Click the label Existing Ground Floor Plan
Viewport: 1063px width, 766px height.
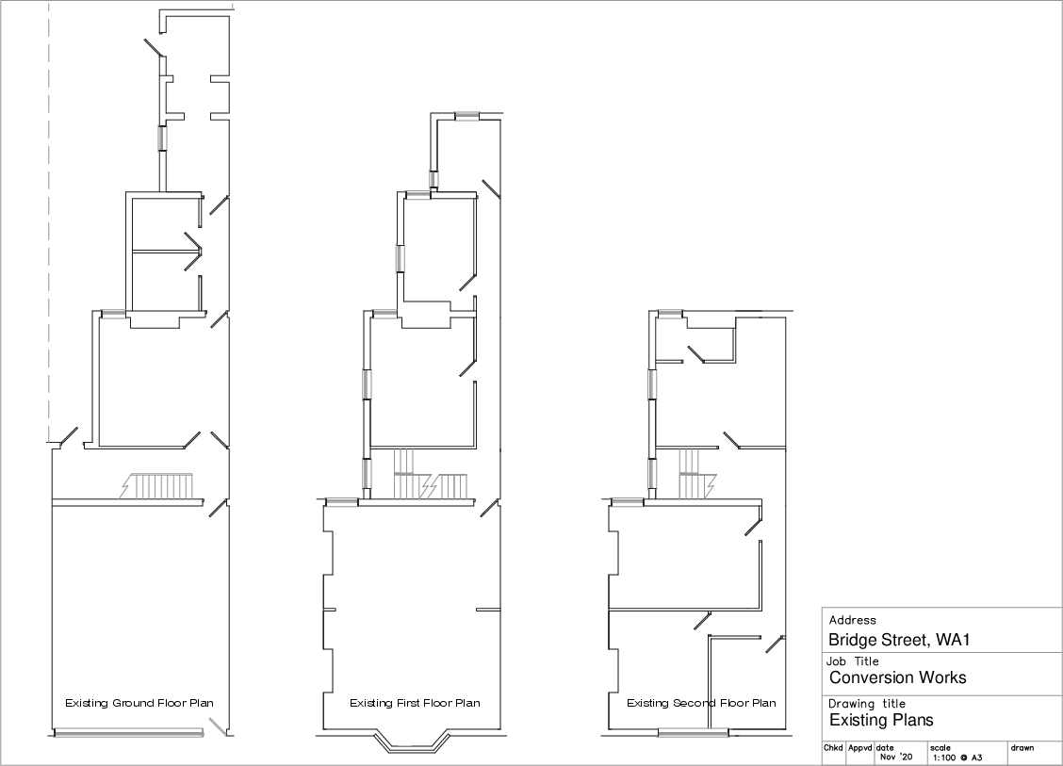click(139, 703)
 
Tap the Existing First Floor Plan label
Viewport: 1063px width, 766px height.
click(415, 703)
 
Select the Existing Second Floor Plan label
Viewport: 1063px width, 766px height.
click(701, 703)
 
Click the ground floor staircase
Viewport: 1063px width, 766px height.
click(156, 486)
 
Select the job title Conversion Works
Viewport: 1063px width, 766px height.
click(897, 677)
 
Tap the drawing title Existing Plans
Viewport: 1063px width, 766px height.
click(881, 720)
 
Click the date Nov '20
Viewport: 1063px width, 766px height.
click(896, 757)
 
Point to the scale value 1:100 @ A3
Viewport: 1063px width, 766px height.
click(957, 758)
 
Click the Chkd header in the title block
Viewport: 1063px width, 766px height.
click(833, 748)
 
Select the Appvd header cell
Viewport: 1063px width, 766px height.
click(859, 748)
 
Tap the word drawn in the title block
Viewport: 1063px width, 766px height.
click(1022, 748)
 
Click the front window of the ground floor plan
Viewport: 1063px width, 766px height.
click(128, 733)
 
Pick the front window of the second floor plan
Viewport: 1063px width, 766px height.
click(694, 732)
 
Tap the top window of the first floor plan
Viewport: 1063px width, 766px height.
click(466, 116)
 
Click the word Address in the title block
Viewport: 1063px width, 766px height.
click(852, 620)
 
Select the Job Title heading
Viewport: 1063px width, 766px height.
click(852, 660)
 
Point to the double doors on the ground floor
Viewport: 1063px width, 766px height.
click(194, 253)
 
